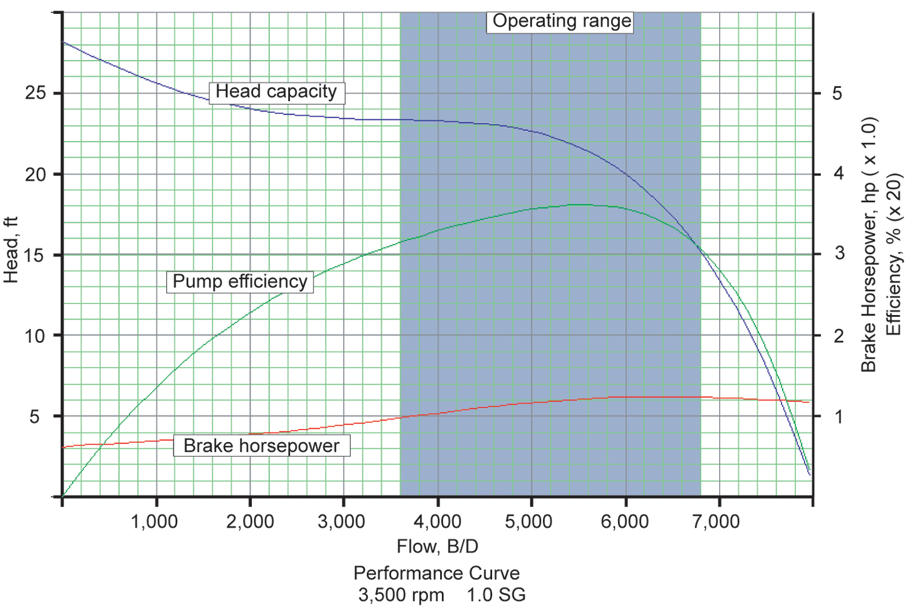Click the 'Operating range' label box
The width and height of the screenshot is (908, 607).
[x=561, y=22]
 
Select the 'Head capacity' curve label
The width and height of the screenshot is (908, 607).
[x=277, y=92]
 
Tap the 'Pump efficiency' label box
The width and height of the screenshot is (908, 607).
[x=240, y=282]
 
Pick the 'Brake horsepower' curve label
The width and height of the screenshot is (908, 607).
[x=262, y=446]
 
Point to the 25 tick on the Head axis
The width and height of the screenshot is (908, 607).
[x=35, y=93]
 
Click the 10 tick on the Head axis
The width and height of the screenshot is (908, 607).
[x=35, y=336]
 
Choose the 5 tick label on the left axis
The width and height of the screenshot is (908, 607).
[x=35, y=417]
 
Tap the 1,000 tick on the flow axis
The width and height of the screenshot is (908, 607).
[x=155, y=521]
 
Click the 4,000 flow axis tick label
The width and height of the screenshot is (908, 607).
[x=437, y=521]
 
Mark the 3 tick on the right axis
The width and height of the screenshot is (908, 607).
[x=838, y=254]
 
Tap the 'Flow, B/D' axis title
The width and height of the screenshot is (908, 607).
[x=437, y=546]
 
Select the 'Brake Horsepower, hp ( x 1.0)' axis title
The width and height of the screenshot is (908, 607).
[x=869, y=245]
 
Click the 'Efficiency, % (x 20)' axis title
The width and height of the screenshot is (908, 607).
[x=893, y=254]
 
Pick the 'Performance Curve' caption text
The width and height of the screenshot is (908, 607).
[x=436, y=573]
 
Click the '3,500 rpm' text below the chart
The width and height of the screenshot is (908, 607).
[x=401, y=595]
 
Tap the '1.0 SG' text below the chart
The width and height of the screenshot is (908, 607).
[x=496, y=595]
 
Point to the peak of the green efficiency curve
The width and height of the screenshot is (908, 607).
[x=579, y=205]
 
